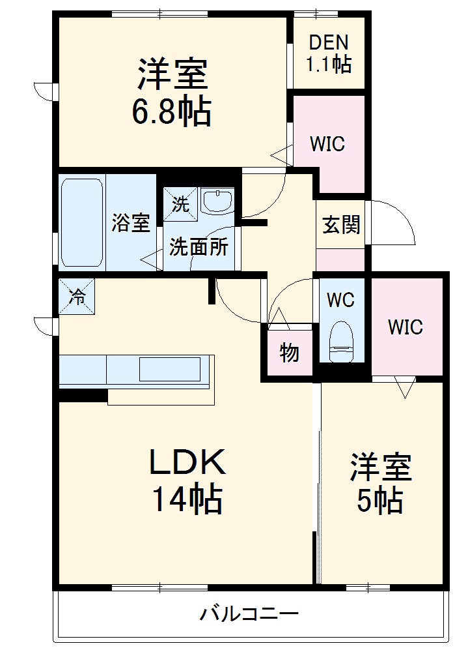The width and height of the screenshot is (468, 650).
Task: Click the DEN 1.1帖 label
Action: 328,53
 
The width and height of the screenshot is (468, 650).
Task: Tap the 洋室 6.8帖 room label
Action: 172,93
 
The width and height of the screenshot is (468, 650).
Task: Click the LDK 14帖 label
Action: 187,481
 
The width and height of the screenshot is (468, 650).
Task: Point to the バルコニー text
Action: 249,613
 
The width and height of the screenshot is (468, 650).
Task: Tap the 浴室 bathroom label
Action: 130,223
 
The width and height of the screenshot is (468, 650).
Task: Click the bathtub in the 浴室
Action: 82,222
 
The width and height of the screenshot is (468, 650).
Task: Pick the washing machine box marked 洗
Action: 180,203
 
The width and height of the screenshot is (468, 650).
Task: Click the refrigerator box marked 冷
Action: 77,297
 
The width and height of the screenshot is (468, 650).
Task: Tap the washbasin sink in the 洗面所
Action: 217,201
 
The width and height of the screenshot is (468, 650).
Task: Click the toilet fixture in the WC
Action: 341,341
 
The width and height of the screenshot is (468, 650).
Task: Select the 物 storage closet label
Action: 289,353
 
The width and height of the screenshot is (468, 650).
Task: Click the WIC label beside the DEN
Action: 327,144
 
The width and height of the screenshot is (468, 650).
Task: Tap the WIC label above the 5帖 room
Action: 406,327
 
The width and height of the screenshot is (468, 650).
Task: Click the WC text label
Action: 340,300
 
